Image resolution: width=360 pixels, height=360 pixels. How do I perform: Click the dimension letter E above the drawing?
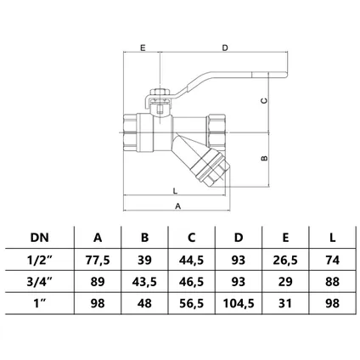click(143, 48)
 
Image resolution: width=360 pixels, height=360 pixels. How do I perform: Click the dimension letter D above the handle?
click(225, 48)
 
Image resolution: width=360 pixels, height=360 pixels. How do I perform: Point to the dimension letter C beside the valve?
click(264, 100)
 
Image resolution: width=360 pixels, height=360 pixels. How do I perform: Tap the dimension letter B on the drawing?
click(264, 159)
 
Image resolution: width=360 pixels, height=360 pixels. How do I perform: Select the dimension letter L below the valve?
click(175, 191)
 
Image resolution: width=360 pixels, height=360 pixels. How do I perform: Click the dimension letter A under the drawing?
click(177, 206)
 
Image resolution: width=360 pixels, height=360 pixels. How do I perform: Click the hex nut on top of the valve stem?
click(160, 93)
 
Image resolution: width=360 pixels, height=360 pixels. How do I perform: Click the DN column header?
click(40, 238)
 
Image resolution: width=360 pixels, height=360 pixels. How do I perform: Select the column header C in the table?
click(192, 238)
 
